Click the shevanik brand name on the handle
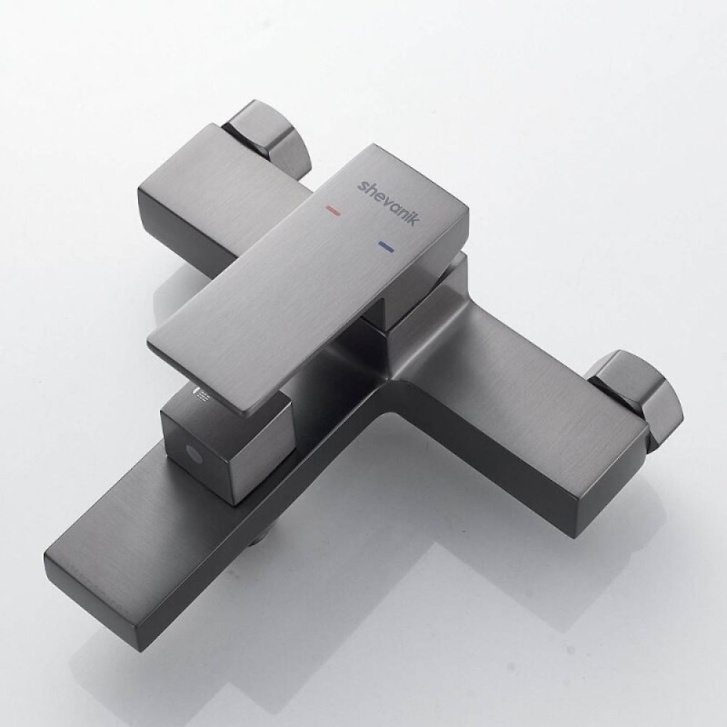[389, 202]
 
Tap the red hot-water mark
[334, 211]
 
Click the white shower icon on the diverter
[201, 393]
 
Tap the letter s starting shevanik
[362, 186]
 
